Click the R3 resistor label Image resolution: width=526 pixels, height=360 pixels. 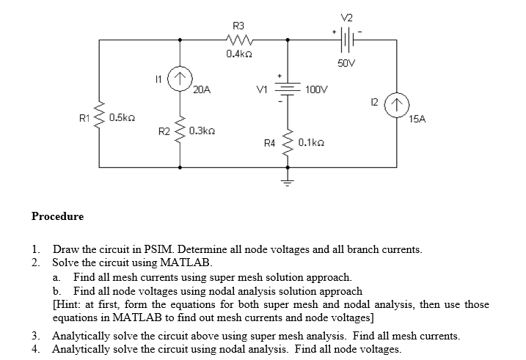pos(238,26)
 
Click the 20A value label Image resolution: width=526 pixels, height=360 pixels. pos(202,90)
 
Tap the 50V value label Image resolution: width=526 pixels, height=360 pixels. pos(347,64)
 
